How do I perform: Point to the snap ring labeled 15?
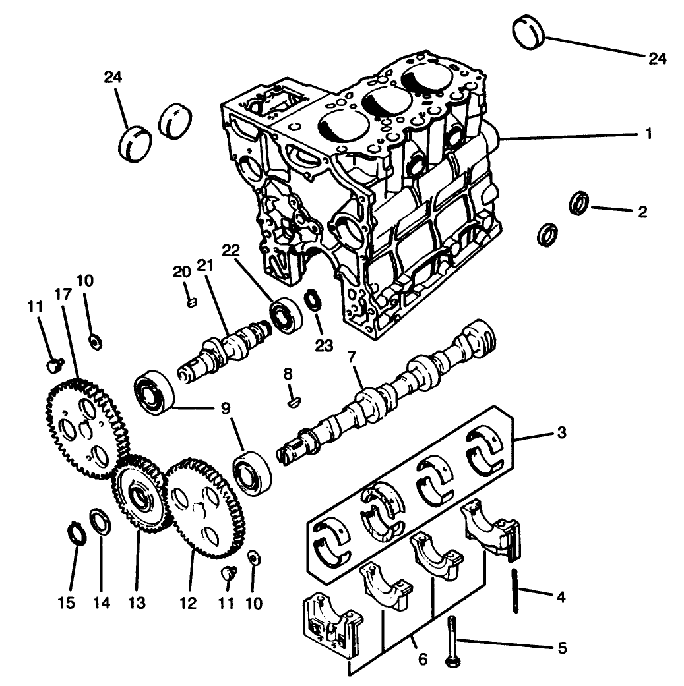78,533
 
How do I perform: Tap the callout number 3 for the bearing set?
561,434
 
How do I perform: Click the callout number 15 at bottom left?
66,602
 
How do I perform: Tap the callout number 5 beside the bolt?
562,648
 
